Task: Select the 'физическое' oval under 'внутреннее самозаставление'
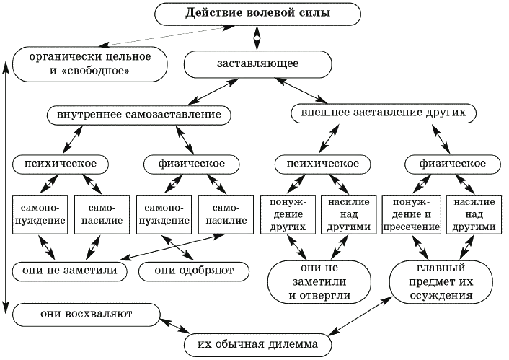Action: tap(190, 164)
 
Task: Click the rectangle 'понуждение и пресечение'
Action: tap(411, 213)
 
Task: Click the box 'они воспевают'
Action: tap(84, 314)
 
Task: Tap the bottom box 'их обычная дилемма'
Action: tap(257, 346)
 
